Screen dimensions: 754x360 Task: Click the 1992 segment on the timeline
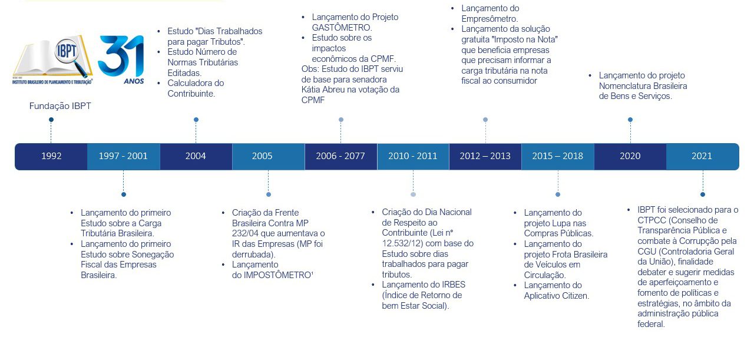51,156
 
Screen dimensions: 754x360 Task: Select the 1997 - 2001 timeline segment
124,156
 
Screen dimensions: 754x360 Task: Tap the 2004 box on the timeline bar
196,156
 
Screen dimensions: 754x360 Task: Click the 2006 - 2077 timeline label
340,156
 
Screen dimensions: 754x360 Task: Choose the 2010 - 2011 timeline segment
413,156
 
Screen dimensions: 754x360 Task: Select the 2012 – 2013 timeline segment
485,156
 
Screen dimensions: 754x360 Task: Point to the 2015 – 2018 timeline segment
558,156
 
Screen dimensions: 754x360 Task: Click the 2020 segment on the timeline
630,156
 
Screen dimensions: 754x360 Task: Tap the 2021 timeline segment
703,156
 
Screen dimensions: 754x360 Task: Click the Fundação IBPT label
60,106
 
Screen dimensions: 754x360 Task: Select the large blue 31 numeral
121,55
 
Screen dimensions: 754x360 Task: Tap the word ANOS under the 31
134,81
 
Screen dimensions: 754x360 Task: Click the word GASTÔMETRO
342,28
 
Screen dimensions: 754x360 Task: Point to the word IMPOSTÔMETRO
277,275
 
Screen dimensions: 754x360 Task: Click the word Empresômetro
490,19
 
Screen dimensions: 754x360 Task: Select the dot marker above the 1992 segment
51,120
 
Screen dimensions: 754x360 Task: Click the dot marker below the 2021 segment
703,194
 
